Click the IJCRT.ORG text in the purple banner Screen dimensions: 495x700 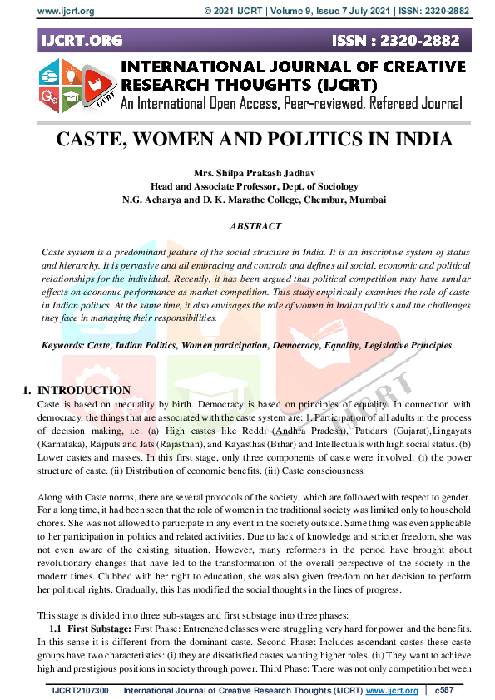[x=80, y=40]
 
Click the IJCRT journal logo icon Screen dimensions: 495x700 [x=72, y=84]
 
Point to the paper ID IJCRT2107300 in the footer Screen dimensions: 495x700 [x=80, y=690]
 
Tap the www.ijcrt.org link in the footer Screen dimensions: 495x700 [x=391, y=690]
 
